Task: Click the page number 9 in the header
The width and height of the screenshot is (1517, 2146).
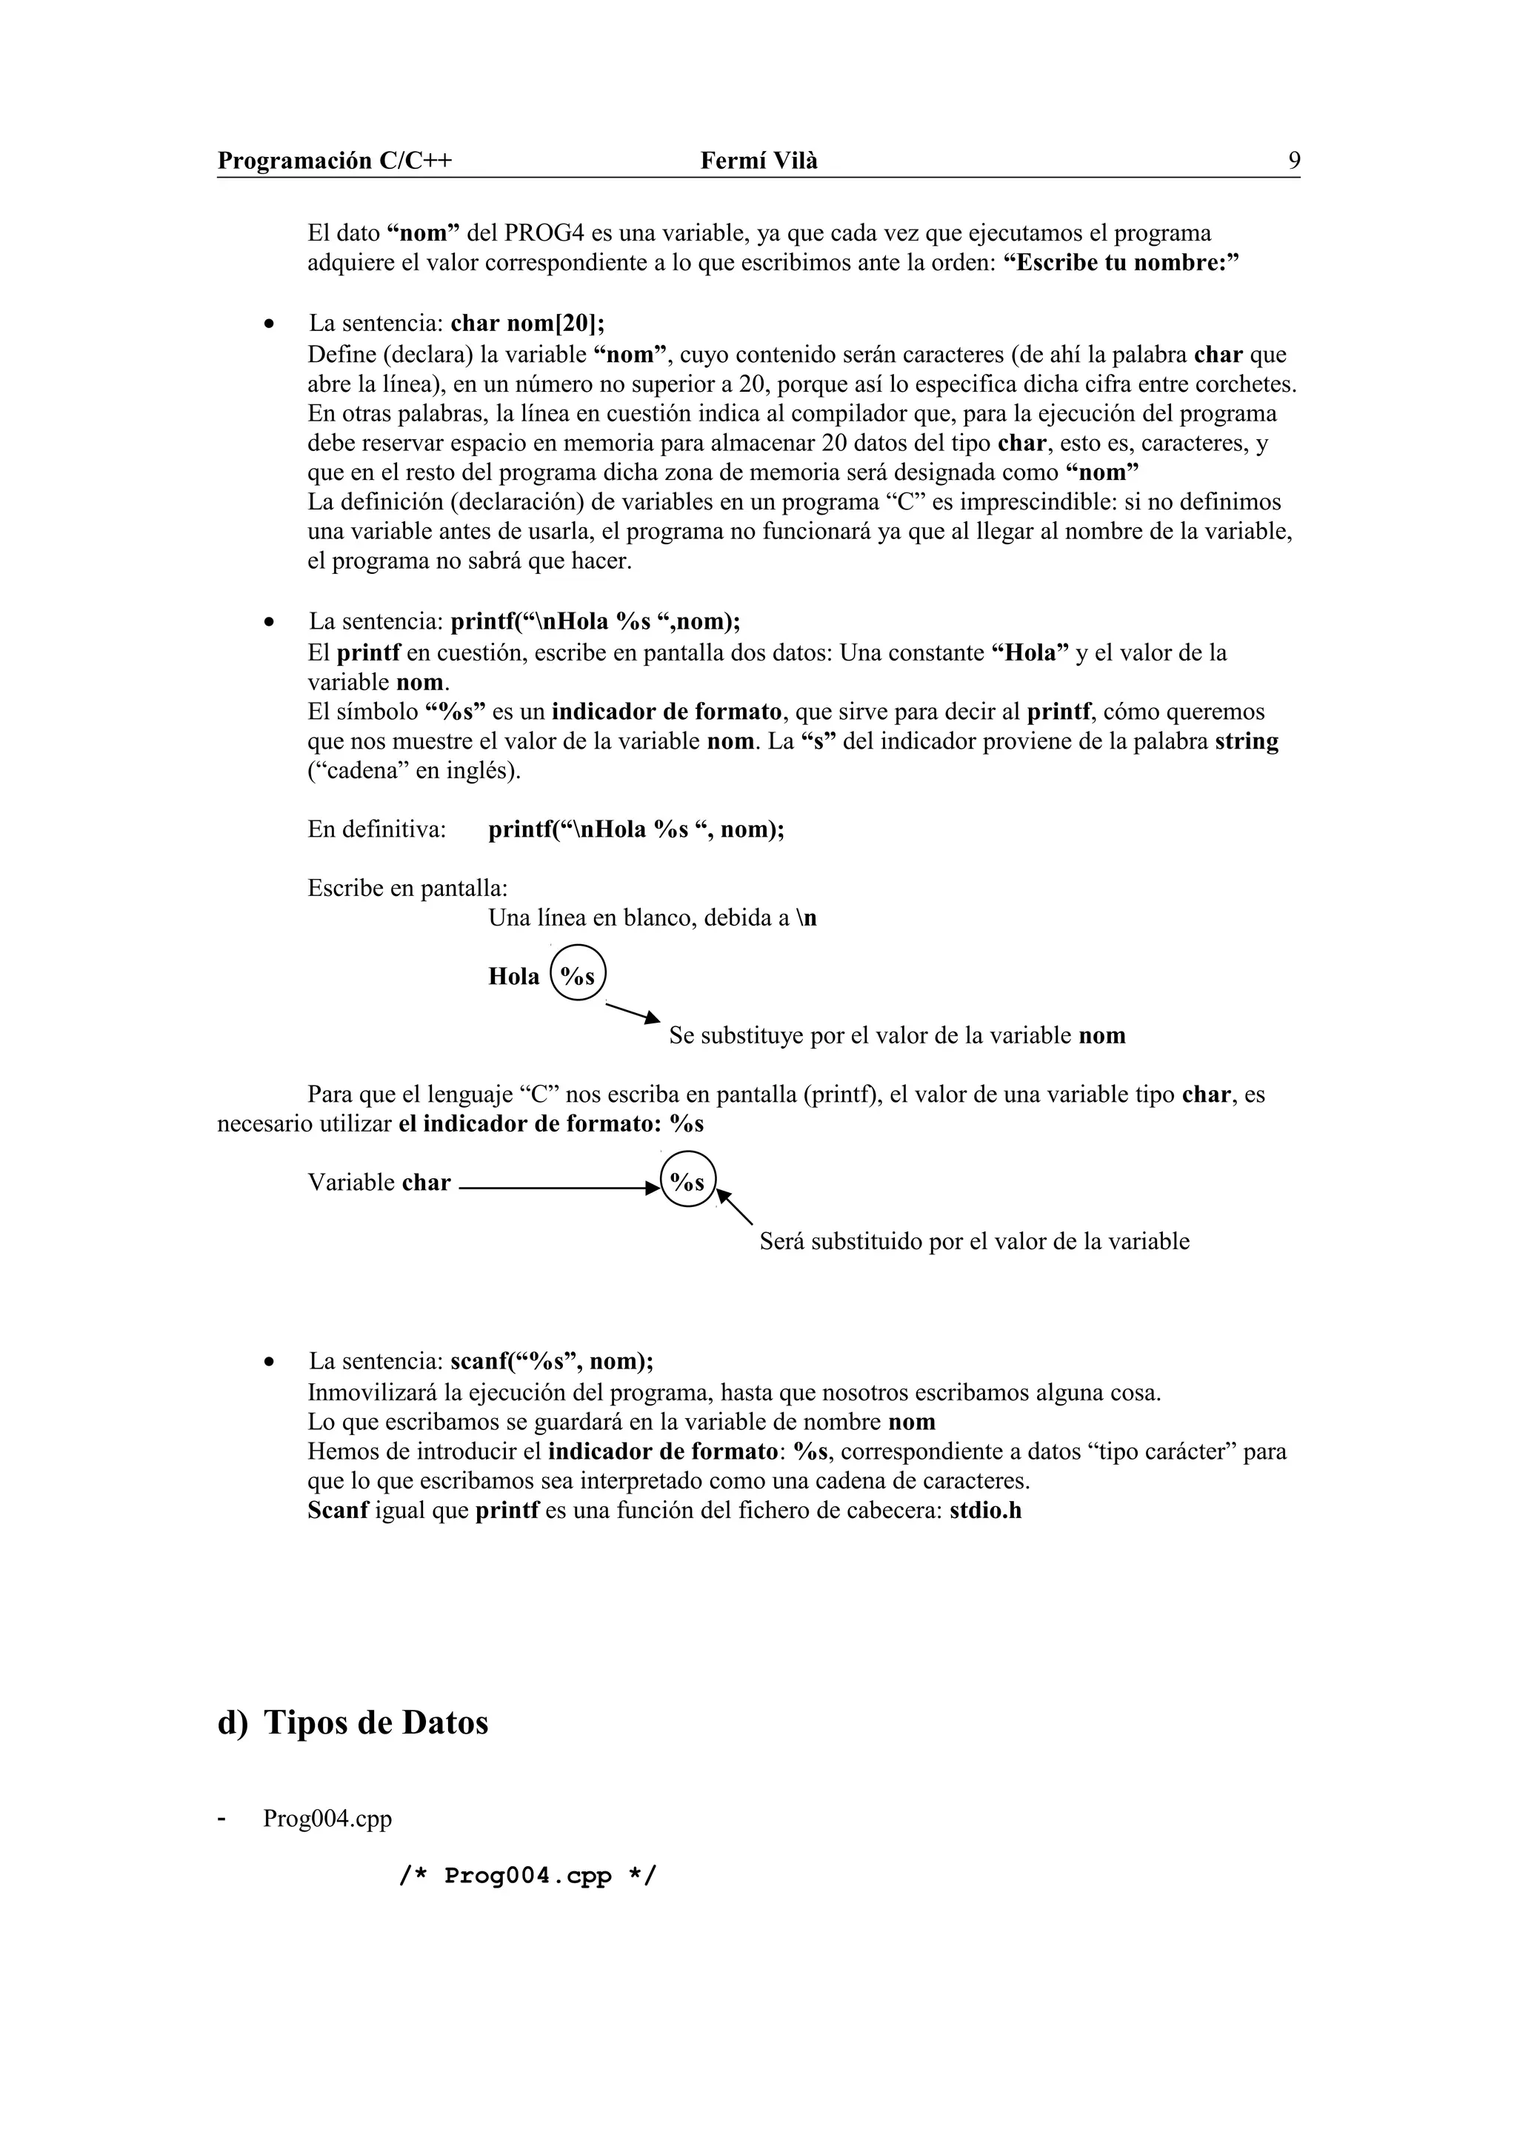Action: click(x=1293, y=161)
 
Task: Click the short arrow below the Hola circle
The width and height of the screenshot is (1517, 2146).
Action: click(x=633, y=1012)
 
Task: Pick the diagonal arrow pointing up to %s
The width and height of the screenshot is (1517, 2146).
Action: click(x=736, y=1206)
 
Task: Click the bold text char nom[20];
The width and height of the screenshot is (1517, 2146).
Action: click(x=527, y=324)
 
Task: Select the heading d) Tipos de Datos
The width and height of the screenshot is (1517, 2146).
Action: click(x=353, y=1722)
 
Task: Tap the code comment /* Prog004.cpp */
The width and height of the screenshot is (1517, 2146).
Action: click(x=527, y=1876)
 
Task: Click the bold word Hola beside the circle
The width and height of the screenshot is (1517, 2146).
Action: click(x=513, y=977)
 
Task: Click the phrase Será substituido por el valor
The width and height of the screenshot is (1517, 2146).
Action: click(x=973, y=1241)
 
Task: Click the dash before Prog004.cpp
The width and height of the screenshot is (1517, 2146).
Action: click(x=221, y=1819)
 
